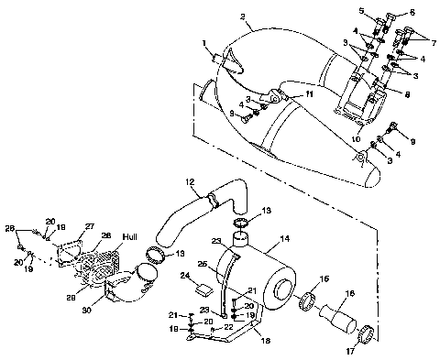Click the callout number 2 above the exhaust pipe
click(216, 17)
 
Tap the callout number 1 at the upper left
click(205, 43)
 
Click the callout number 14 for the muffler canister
click(284, 239)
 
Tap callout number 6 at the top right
click(412, 12)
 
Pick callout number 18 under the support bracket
click(266, 339)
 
